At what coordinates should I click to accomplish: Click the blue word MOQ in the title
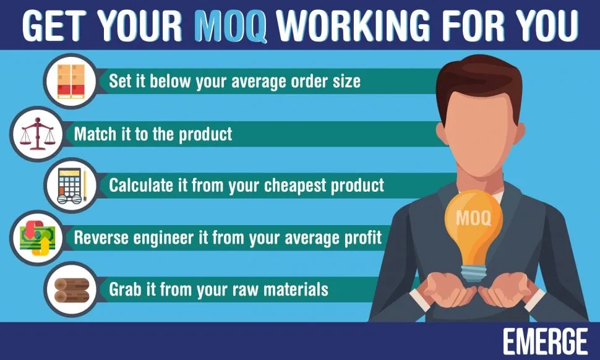[x=231, y=25]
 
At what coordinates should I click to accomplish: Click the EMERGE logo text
[x=545, y=341]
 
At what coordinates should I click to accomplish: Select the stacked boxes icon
[x=71, y=81]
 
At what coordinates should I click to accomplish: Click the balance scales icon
[x=37, y=134]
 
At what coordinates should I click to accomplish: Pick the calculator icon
[x=72, y=186]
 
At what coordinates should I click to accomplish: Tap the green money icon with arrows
[x=37, y=238]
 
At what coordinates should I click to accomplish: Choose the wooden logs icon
[x=72, y=289]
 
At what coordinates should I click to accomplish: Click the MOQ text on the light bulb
[x=473, y=218]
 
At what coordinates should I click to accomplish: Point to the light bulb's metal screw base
[x=473, y=273]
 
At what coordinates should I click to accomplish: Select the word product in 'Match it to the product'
[x=205, y=134]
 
